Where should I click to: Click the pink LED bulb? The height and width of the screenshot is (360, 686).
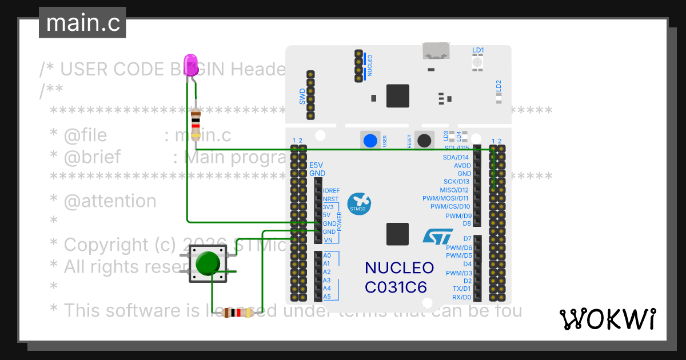190,63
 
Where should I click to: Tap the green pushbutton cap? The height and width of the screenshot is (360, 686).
207,263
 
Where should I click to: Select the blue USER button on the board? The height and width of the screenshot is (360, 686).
370,141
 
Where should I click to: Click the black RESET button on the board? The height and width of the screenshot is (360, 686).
424,141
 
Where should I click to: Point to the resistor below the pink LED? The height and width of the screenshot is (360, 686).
196,124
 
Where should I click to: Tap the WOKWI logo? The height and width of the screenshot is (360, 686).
607,319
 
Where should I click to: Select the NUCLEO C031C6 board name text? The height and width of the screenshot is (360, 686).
399,278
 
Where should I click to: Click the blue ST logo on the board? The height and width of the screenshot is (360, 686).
438,237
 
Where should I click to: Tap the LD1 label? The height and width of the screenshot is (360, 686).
478,50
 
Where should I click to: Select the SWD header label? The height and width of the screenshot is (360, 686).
302,95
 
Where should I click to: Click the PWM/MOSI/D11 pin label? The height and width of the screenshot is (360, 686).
445,198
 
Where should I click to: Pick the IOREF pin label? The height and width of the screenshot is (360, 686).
331,190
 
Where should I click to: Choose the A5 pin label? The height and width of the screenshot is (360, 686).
326,297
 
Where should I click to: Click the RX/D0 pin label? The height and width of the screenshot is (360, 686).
461,297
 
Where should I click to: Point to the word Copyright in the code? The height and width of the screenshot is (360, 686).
105,245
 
